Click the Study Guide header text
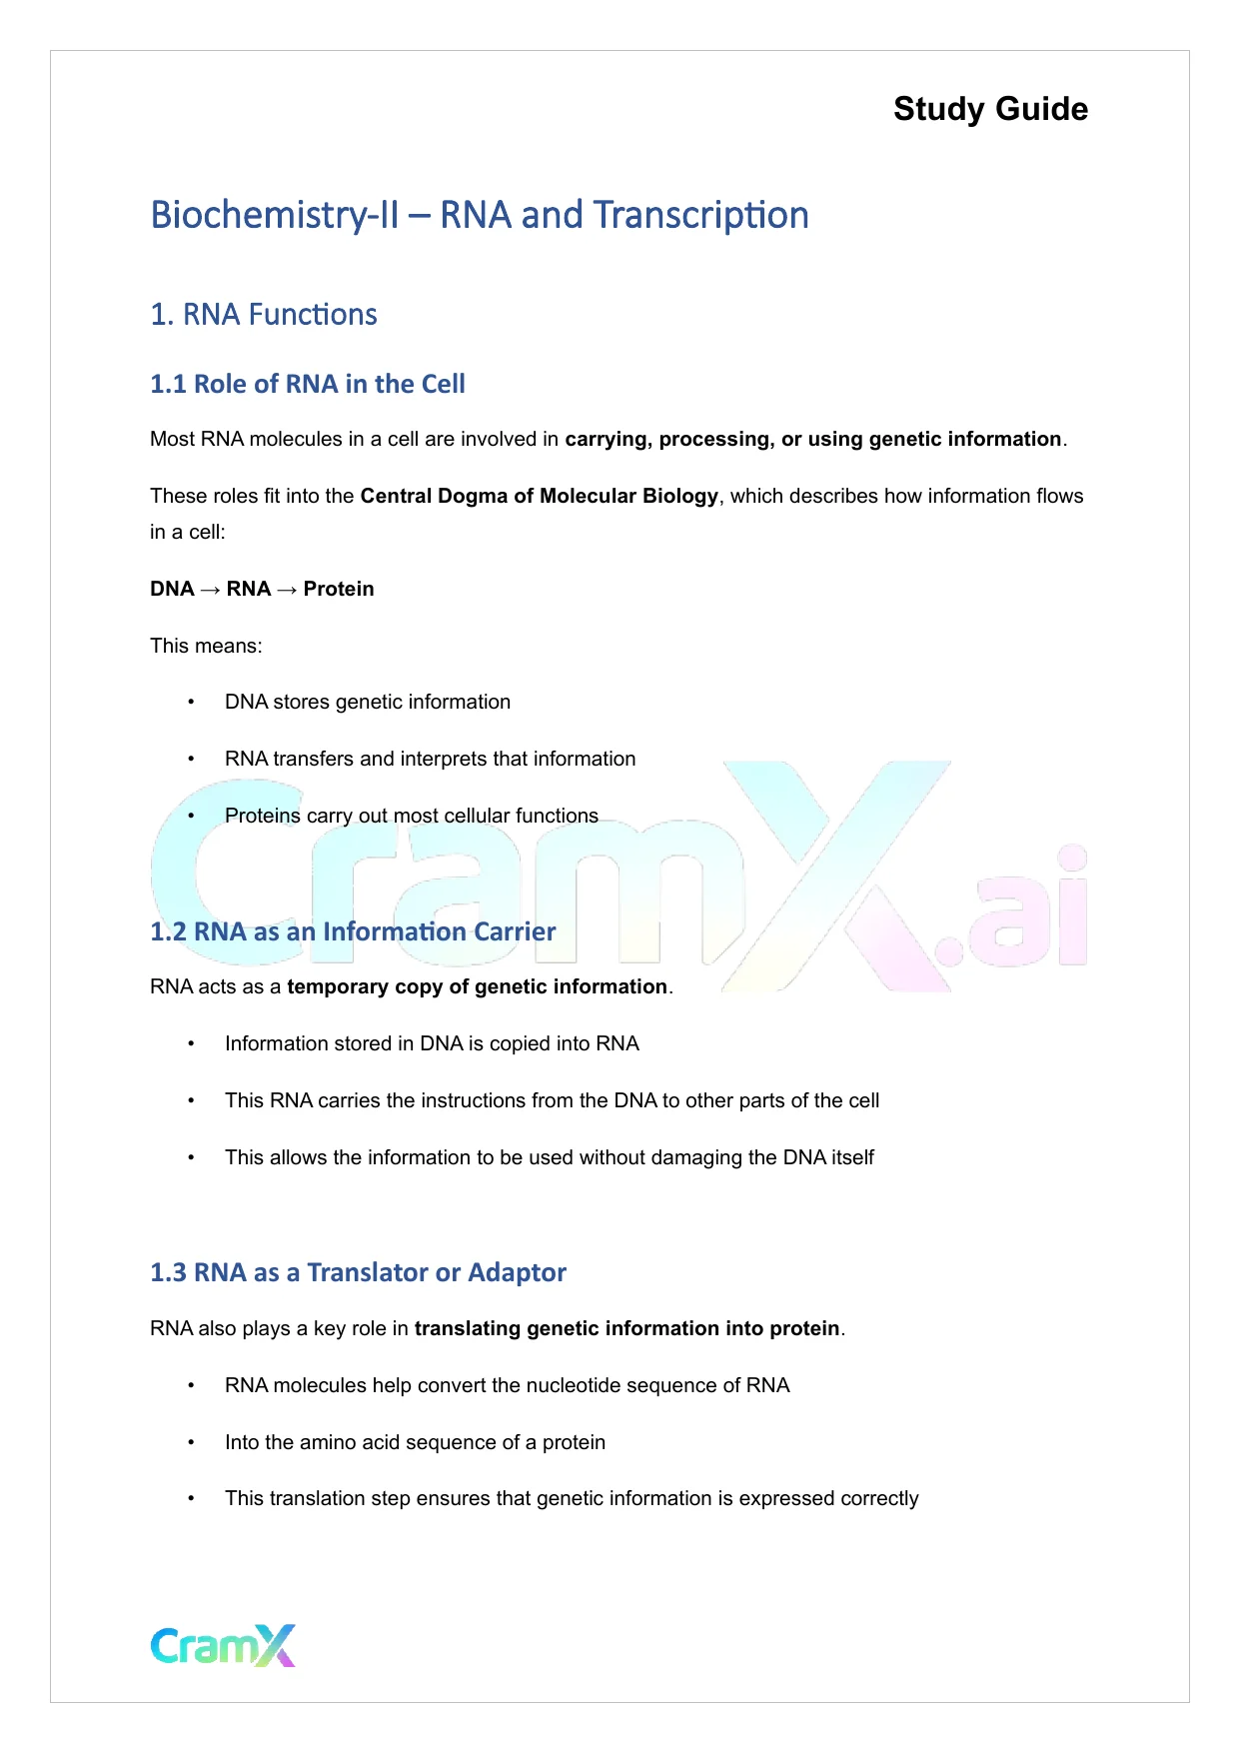(990, 109)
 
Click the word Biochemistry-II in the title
(274, 215)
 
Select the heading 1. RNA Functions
(264, 315)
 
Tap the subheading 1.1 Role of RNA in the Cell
(308, 384)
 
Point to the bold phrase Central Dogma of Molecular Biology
(540, 496)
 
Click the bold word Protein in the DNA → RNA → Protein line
(339, 589)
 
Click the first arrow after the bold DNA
(210, 589)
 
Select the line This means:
(206, 646)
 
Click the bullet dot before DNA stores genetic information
(191, 703)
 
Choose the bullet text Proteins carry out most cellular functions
(412, 816)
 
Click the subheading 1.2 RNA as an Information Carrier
(353, 931)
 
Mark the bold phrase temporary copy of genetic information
(478, 986)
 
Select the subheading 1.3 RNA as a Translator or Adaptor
(358, 1272)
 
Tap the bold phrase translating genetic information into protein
(627, 1328)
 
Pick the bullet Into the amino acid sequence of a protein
(415, 1442)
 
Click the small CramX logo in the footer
(223, 1645)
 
